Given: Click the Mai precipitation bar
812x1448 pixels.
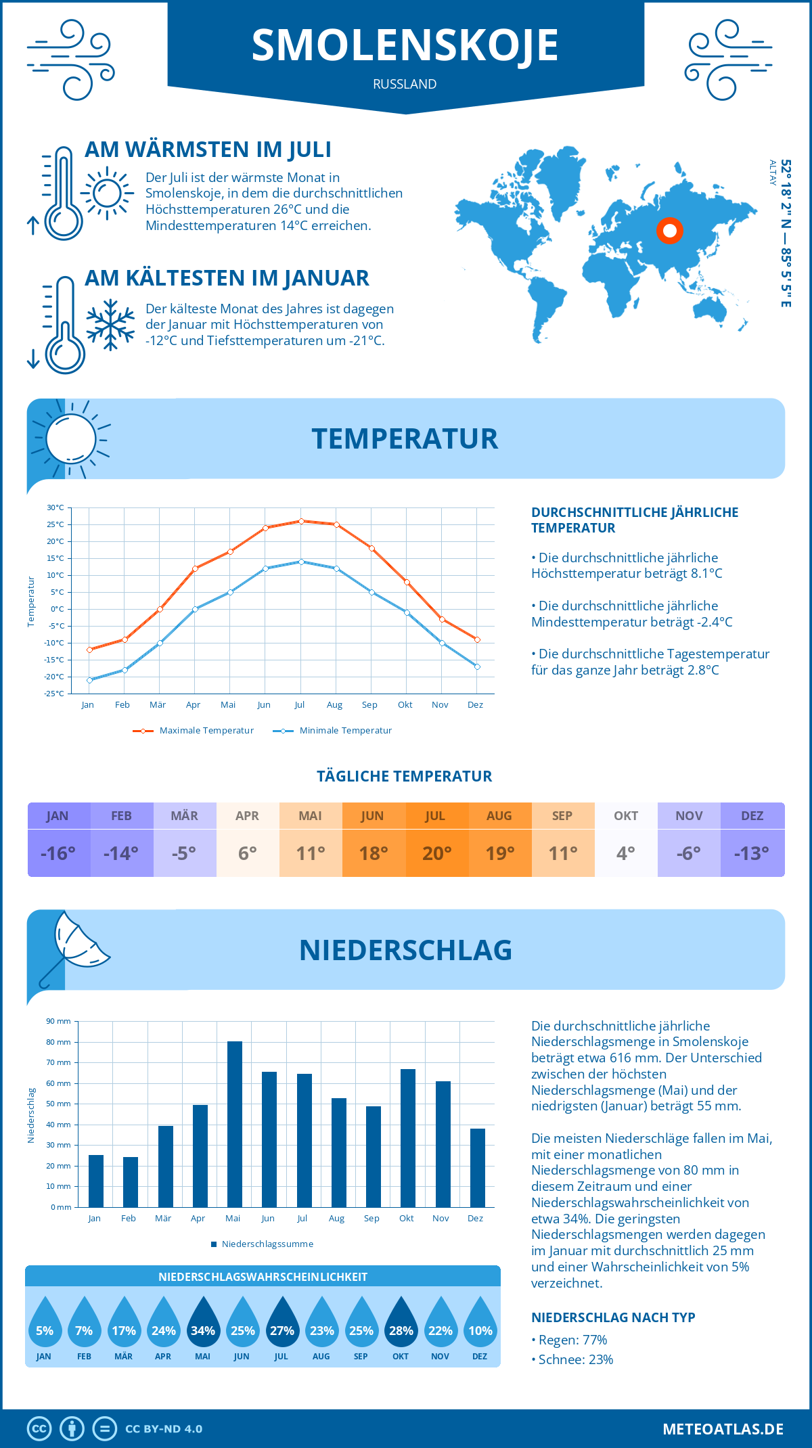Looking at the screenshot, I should (x=234, y=1124).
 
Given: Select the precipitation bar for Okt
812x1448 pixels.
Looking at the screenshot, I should (x=407, y=1137).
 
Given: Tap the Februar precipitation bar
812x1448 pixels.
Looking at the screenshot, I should (x=130, y=1181).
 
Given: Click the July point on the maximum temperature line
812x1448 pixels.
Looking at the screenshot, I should (x=301, y=521).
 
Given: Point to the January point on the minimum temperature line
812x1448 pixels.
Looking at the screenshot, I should (x=89, y=680).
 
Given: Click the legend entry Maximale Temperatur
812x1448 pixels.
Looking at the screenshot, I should (x=194, y=731).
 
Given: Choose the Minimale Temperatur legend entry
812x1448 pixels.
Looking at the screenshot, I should (x=332, y=731).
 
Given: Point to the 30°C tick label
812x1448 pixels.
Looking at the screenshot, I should (x=55, y=507).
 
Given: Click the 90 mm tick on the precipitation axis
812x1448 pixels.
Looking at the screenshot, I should (x=58, y=1021).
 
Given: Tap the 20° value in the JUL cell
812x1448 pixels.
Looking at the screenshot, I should (x=436, y=853).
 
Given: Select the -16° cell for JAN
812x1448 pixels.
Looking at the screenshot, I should (x=58, y=853).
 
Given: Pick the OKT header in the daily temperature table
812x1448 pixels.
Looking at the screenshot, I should (x=626, y=815).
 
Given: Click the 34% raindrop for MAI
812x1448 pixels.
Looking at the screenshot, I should (x=203, y=1323).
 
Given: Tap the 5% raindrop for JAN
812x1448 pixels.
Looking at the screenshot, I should (x=45, y=1323).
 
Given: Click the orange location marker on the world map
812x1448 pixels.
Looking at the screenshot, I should (x=670, y=231).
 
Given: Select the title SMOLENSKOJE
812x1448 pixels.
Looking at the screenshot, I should (x=405, y=45).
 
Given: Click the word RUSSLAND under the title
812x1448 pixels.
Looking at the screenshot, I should (x=405, y=84).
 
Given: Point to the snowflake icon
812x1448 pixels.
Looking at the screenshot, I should (x=110, y=325).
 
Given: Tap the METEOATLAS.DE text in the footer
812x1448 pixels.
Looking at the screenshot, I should (x=723, y=1429).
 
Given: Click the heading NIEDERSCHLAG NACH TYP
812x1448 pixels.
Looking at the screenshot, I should (x=613, y=1317).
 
